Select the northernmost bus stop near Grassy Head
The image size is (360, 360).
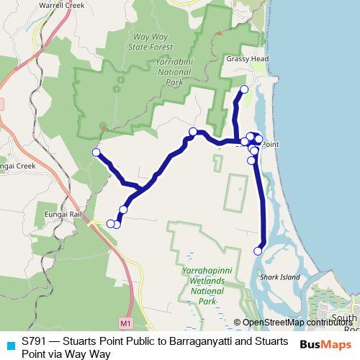click(x=243, y=89)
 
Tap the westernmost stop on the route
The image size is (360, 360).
click(x=96, y=153)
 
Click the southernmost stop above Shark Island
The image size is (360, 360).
click(x=258, y=251)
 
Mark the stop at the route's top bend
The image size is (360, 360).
click(x=193, y=131)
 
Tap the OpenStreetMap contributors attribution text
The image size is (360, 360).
click(x=297, y=323)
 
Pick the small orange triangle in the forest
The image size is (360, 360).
click(x=105, y=127)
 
